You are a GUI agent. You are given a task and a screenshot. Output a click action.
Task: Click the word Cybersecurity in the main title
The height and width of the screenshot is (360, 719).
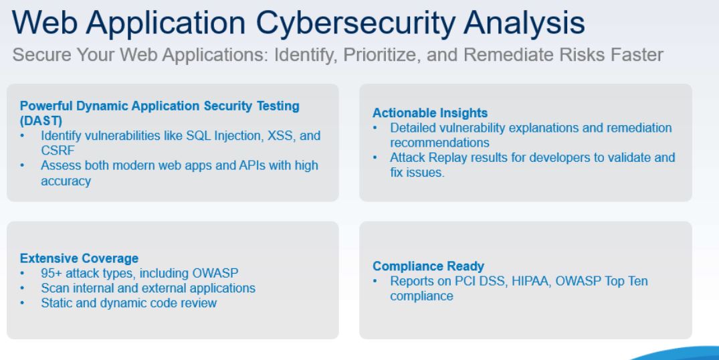tap(355, 23)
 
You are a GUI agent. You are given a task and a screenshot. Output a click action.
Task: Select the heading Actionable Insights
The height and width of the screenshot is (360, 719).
tap(430, 113)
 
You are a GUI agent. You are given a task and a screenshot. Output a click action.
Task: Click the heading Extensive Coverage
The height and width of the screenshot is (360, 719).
tap(79, 258)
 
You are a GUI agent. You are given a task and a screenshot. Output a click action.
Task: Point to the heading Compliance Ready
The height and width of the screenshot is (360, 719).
tap(428, 266)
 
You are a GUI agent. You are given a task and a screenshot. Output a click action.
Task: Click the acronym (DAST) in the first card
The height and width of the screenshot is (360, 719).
tap(41, 121)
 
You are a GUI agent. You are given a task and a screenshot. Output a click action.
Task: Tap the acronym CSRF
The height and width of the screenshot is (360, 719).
tap(58, 151)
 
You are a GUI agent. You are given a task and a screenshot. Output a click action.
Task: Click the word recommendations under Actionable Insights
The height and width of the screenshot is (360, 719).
tap(439, 143)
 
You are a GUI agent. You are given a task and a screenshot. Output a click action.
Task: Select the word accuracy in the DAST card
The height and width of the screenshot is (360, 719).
tap(66, 181)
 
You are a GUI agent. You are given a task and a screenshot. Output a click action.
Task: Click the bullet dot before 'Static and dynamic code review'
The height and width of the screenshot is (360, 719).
tap(23, 303)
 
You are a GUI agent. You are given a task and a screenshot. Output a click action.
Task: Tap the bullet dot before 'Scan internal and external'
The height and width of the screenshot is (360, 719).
tap(23, 288)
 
